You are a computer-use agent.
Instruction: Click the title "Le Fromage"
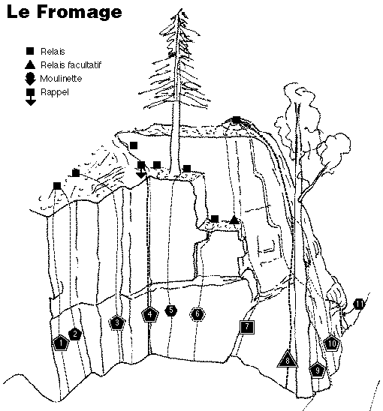coord(65,12)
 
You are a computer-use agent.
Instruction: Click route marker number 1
coord(61,343)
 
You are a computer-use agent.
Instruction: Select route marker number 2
coord(75,334)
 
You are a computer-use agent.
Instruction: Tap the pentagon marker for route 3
coord(117,322)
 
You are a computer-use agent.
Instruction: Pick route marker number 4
coord(150,314)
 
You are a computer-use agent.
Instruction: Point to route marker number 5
coord(171,310)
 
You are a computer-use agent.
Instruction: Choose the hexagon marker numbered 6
coord(198,313)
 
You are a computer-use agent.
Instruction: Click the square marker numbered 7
coord(247,327)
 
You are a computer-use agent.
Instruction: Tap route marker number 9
coord(318,370)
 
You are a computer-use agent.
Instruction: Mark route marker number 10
coord(332,343)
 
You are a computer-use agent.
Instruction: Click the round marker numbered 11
coord(359,304)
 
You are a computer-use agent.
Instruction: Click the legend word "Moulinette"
coord(61,78)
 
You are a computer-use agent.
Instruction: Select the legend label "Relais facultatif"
coord(71,64)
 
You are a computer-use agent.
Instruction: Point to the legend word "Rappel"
coord(55,92)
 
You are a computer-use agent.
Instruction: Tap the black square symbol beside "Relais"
coord(30,51)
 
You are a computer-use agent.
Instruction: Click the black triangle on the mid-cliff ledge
coord(234,220)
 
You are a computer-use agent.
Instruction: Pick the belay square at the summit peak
coord(237,120)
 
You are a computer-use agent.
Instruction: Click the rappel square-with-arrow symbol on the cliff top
coord(141,169)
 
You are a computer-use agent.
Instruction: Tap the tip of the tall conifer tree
coord(181,9)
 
